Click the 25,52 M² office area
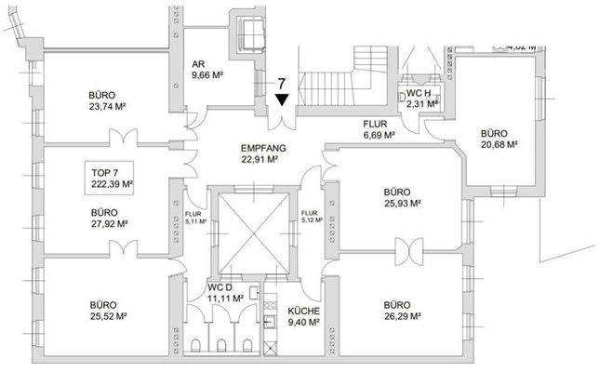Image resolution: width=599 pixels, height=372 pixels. tap(107, 316)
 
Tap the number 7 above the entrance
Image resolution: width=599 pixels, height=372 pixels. tap(281, 82)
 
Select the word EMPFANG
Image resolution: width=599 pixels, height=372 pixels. tap(262, 148)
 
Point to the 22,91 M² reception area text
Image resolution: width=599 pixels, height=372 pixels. tap(262, 159)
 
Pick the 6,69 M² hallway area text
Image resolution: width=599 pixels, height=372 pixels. tap(379, 135)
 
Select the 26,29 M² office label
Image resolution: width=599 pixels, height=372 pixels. tap(394, 316)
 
